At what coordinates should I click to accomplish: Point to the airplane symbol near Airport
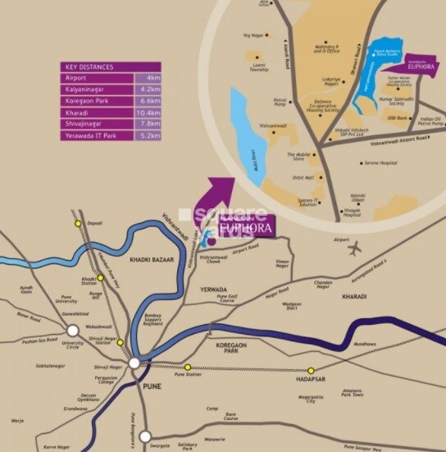pos(356,249)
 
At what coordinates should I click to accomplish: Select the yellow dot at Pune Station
pos(188,368)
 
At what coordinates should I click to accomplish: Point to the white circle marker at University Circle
pos(73,331)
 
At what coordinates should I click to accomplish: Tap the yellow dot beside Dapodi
pos(77,223)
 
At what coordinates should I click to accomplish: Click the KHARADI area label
pos(355,296)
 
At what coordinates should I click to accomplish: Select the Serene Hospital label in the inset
pos(381,163)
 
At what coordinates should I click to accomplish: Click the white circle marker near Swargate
pos(145,437)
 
